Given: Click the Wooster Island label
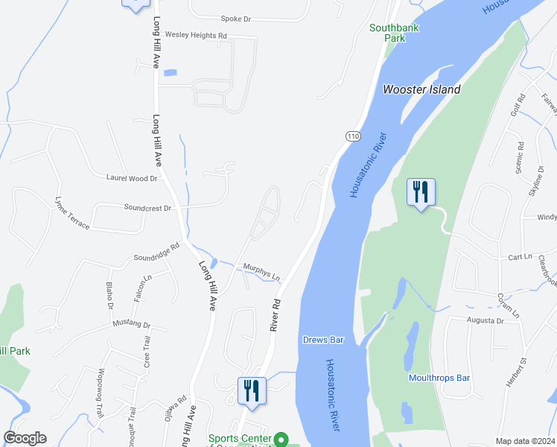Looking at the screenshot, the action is (421, 89).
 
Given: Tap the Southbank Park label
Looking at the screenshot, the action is (395, 33).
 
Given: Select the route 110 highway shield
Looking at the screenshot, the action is (353, 136).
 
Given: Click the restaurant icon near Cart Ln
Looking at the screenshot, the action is (421, 192).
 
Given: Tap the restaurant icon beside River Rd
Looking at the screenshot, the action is (252, 390).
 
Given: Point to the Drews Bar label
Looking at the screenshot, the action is (323, 340).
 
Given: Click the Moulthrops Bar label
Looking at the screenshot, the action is (439, 378).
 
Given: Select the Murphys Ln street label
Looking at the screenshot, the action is (261, 272).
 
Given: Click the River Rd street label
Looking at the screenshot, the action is (275, 315).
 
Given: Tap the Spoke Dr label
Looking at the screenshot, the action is (238, 19).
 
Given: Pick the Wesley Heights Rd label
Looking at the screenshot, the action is (196, 35).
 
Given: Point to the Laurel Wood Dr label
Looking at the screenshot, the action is (133, 178).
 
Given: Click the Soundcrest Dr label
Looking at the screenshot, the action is (147, 208).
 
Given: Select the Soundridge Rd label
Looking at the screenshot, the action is (156, 252).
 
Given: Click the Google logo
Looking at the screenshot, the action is (25, 438).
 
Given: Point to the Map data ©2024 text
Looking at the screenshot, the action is (524, 441).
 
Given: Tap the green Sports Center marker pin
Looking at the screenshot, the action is (281, 440).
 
